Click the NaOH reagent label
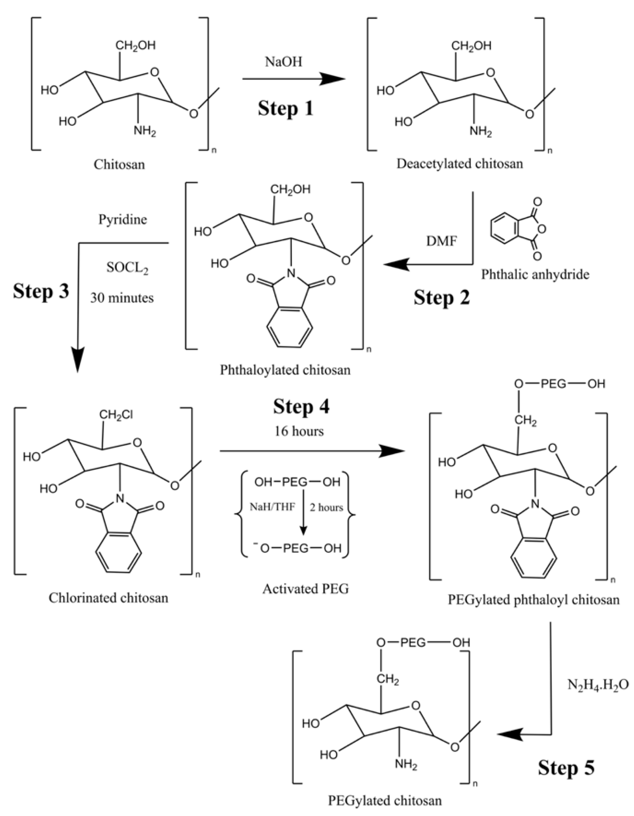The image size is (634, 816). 283,62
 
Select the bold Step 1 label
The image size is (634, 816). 285,109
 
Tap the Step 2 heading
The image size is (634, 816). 441,298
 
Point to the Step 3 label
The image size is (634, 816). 41,292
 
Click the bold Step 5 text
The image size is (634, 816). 566,768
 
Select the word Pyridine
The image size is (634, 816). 122,219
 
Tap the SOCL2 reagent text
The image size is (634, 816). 127,268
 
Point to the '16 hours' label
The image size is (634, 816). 299,431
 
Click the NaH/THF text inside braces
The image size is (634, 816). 272,507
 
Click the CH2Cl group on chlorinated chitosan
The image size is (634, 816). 116,415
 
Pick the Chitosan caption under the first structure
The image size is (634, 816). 119,164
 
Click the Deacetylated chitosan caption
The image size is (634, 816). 460,164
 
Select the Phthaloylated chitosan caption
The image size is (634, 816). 285,370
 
